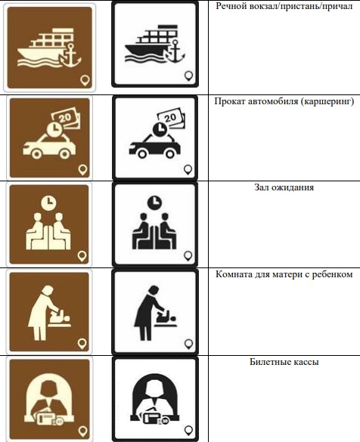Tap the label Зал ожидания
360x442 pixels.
click(284, 187)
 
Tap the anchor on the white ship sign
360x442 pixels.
click(175, 51)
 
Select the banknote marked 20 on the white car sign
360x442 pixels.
click(171, 119)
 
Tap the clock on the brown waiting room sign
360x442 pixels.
click(48, 202)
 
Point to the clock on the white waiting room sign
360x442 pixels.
click(154, 202)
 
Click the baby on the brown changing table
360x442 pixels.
click(61, 317)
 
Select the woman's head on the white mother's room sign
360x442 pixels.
click(154, 291)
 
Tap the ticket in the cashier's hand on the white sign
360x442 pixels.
click(153, 418)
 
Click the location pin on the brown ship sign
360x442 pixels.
click(85, 81)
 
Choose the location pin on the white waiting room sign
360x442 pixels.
click(188, 256)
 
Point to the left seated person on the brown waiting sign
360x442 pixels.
click(36, 231)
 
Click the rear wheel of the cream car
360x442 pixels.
click(65, 154)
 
